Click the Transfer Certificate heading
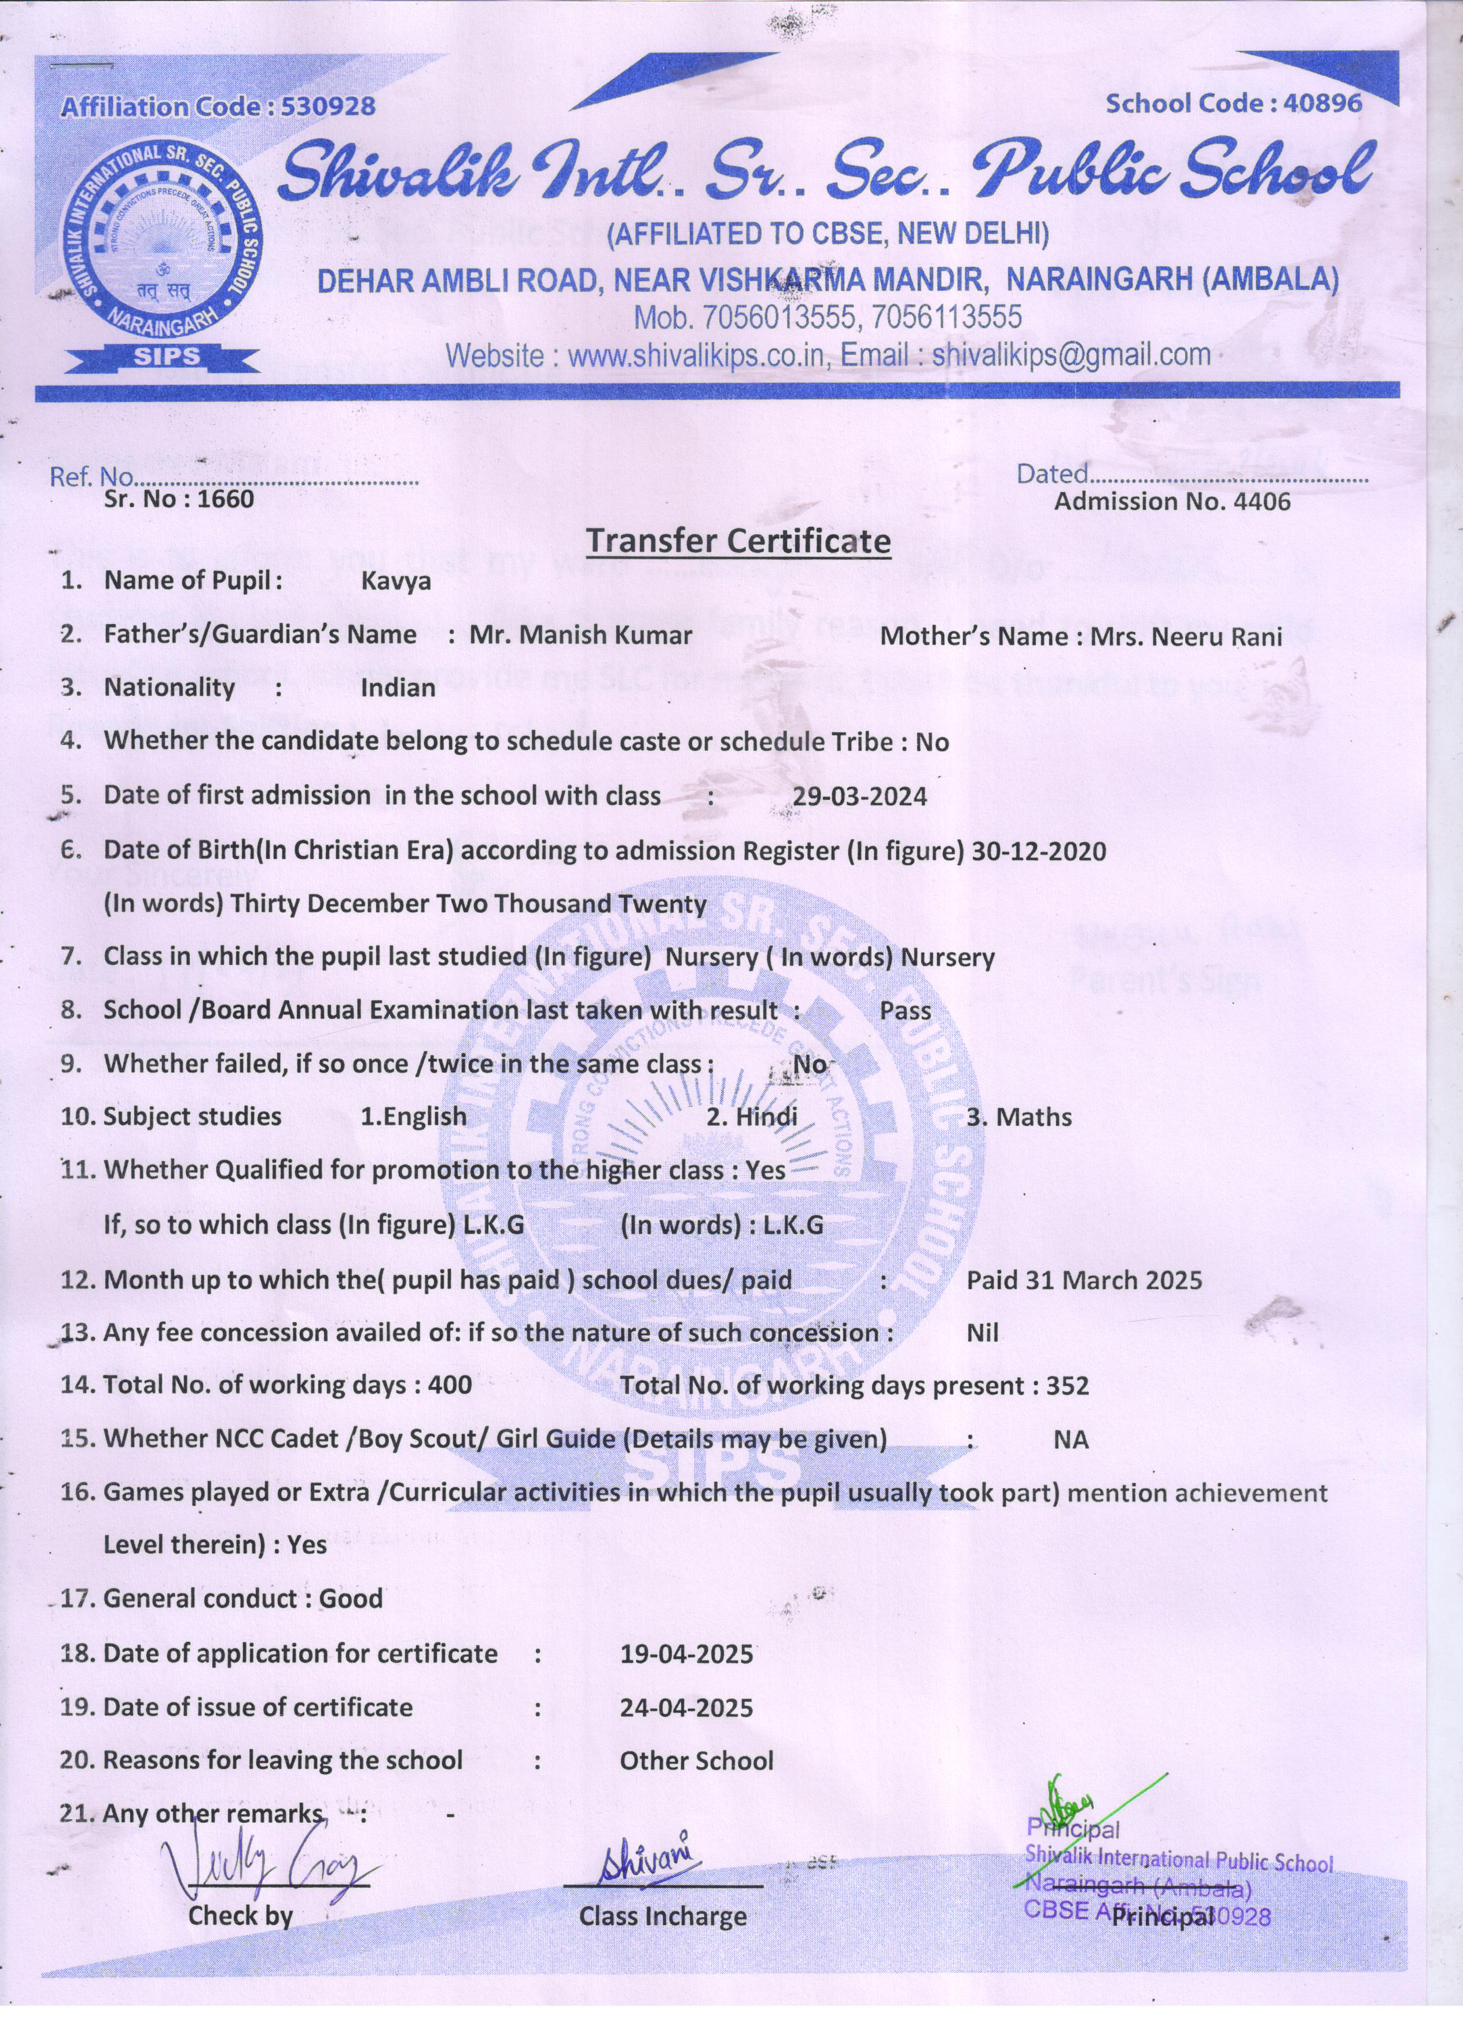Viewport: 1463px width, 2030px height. click(738, 541)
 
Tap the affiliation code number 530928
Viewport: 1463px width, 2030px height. click(328, 107)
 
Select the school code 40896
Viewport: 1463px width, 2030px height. click(1322, 103)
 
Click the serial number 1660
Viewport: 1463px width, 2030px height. click(226, 498)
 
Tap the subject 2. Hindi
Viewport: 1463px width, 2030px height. click(752, 1117)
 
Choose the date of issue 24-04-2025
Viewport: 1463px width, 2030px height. click(686, 1708)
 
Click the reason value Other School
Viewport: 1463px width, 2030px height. click(696, 1761)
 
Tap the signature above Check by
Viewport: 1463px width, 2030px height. click(269, 1867)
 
